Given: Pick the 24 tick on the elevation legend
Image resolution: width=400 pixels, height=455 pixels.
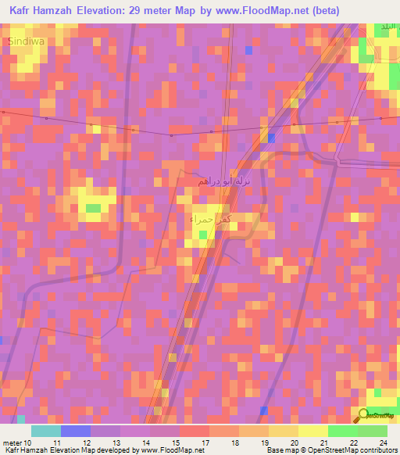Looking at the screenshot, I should tap(383, 443).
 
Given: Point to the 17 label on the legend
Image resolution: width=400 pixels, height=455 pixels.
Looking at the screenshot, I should tap(205, 443).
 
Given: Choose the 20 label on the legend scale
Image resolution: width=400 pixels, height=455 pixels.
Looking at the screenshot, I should tap(294, 443).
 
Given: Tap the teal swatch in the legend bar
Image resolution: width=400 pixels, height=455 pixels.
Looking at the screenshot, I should tap(46, 431).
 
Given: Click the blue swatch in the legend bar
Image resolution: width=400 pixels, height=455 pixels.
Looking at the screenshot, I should tap(76, 431).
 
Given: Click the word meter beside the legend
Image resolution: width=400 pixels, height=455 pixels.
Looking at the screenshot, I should tap(12, 443).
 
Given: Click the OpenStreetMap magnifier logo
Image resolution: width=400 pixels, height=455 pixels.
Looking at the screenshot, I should tap(364, 414).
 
